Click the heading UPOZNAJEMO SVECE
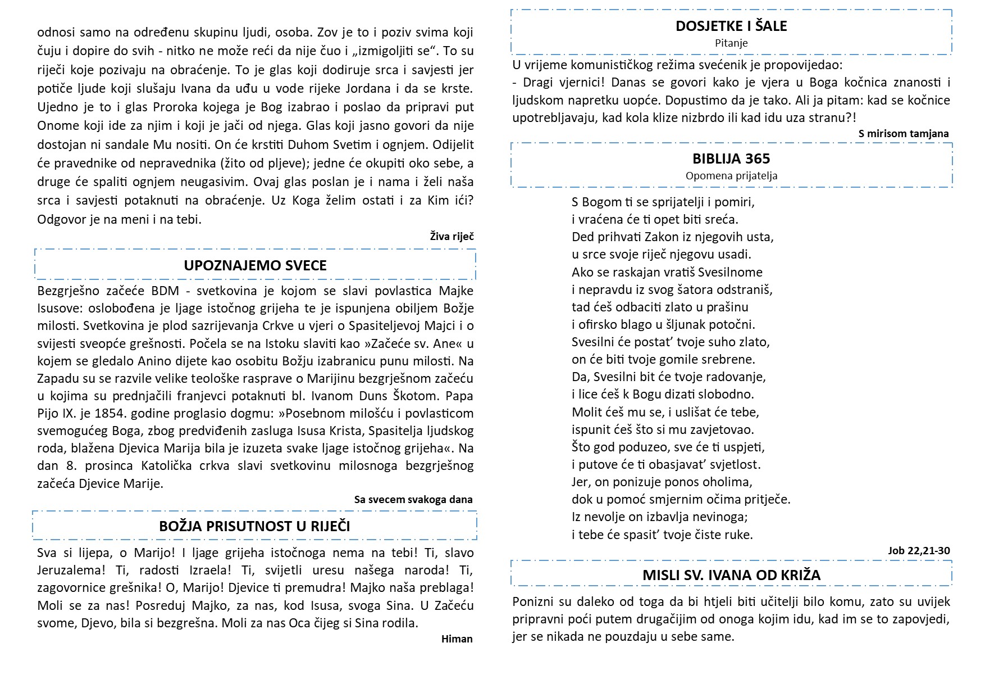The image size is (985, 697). [x=255, y=265]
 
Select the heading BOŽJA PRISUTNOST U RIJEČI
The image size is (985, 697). [x=254, y=526]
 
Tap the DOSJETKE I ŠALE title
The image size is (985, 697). [x=731, y=26]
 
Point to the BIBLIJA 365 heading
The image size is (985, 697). [x=731, y=159]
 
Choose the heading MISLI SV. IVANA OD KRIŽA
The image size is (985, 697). [x=731, y=575]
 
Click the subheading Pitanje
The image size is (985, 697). [x=731, y=43]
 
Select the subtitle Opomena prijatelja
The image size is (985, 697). [x=731, y=175]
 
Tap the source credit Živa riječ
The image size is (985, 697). [x=452, y=236]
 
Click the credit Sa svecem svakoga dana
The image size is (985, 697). [x=413, y=499]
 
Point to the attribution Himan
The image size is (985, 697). [x=457, y=639]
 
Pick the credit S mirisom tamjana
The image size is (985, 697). [x=903, y=133]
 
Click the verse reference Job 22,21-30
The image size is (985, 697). [x=919, y=550]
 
